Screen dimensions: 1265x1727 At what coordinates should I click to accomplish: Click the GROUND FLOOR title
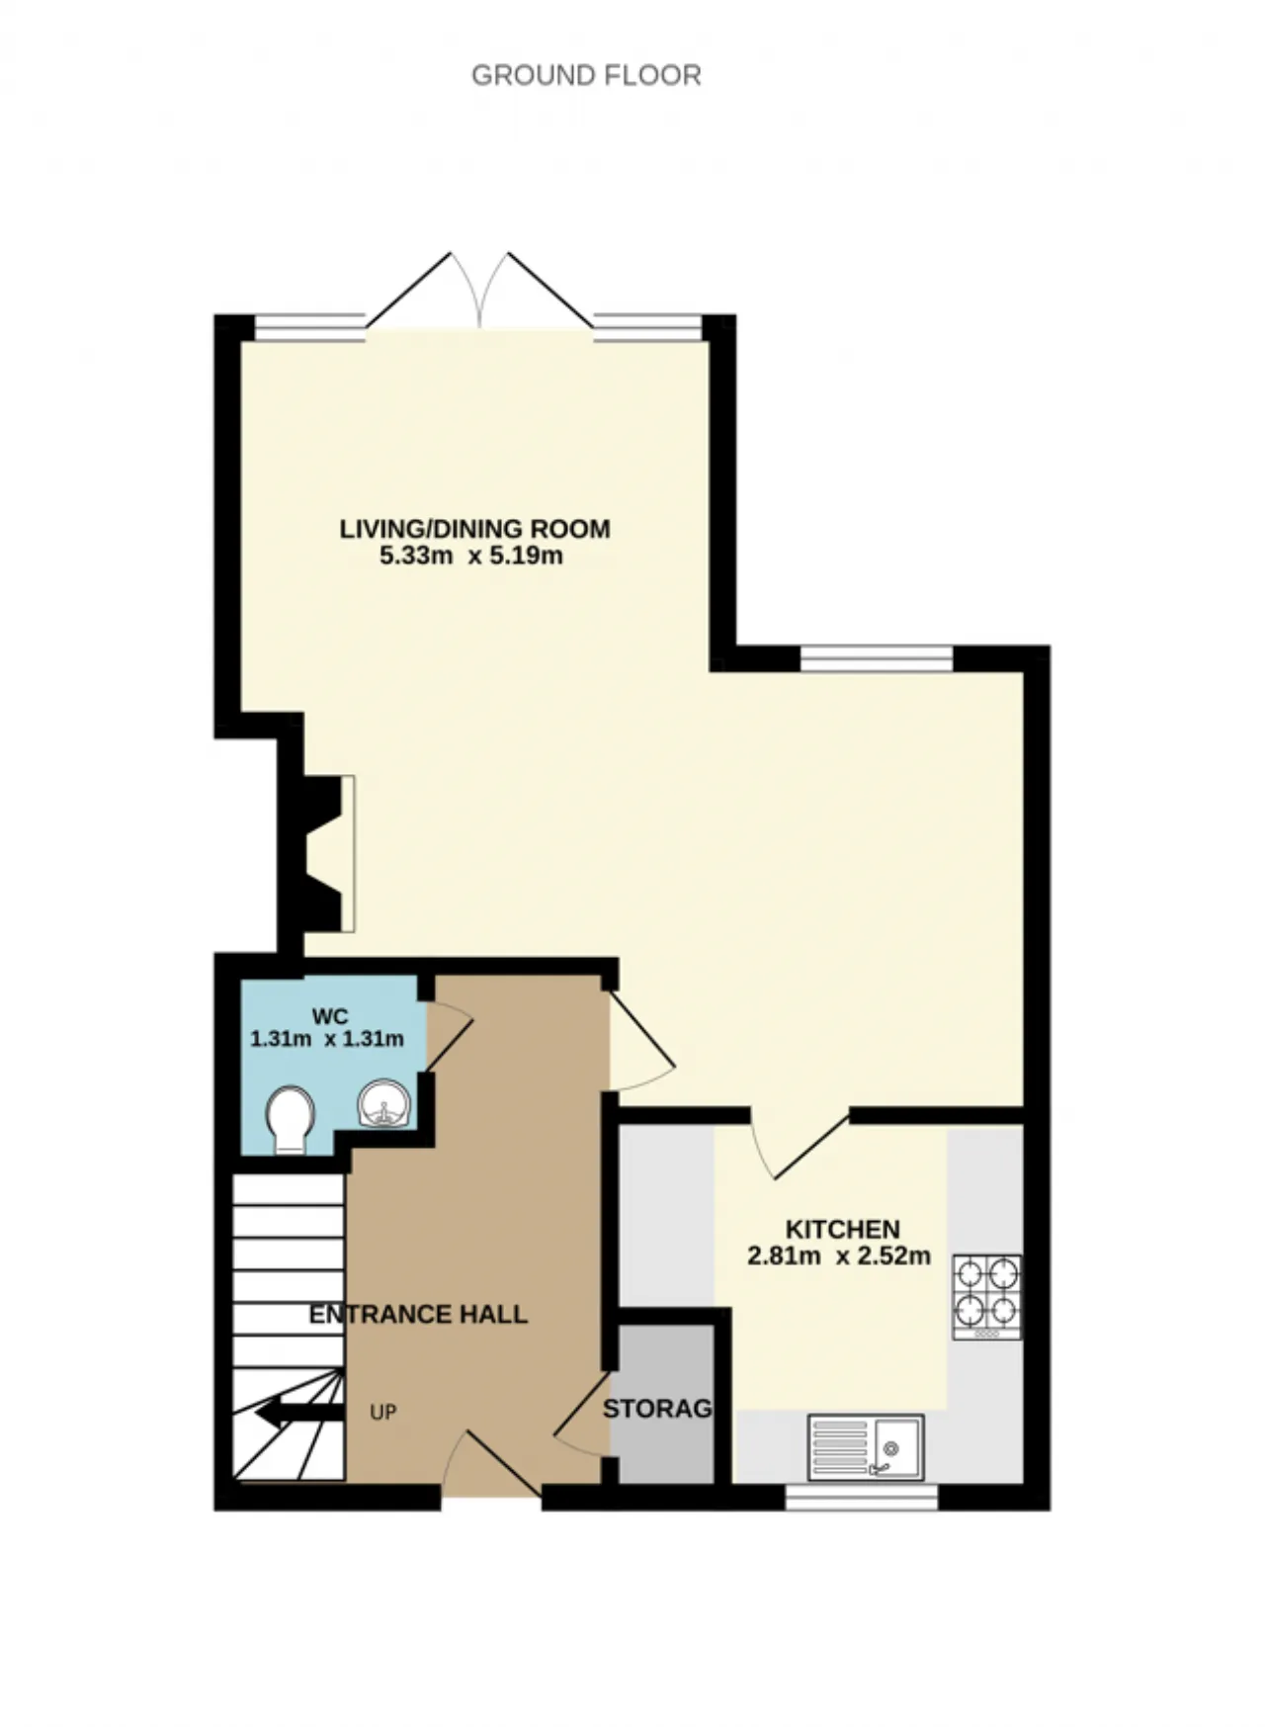pos(586,75)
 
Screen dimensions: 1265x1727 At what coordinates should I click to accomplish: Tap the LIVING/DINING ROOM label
pos(475,529)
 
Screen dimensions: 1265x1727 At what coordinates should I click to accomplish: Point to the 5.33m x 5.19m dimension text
pos(471,556)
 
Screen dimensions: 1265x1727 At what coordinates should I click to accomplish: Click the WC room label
pos(326,1016)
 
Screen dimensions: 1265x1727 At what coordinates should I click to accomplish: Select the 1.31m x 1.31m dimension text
pos(327,1039)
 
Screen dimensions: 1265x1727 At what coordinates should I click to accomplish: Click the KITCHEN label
pos(843,1230)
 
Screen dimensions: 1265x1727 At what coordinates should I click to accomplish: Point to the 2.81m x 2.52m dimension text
pos(839,1256)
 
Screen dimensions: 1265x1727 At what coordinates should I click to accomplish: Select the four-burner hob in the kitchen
pos(986,1297)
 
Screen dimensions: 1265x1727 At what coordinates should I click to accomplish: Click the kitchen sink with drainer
pos(866,1447)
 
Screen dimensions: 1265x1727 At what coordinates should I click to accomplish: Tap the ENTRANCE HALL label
pos(418,1314)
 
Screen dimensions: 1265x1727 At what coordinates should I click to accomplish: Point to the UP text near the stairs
pos(383,1413)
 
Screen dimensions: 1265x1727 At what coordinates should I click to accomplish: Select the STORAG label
pos(657,1409)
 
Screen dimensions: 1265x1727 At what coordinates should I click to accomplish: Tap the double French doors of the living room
pos(479,292)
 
